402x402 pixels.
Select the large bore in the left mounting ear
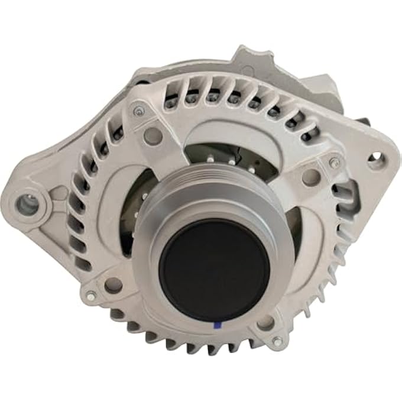(x=27, y=205)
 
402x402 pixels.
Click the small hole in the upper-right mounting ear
(x=374, y=158)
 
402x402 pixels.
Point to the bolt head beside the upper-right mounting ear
(x=335, y=163)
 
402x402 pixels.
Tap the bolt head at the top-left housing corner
(x=138, y=111)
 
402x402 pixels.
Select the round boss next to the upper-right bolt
(x=310, y=176)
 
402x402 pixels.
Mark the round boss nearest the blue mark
(x=265, y=322)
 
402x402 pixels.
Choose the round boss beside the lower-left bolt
(x=112, y=285)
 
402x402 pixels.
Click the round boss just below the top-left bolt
(x=152, y=135)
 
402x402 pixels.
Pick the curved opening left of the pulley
(x=133, y=207)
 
